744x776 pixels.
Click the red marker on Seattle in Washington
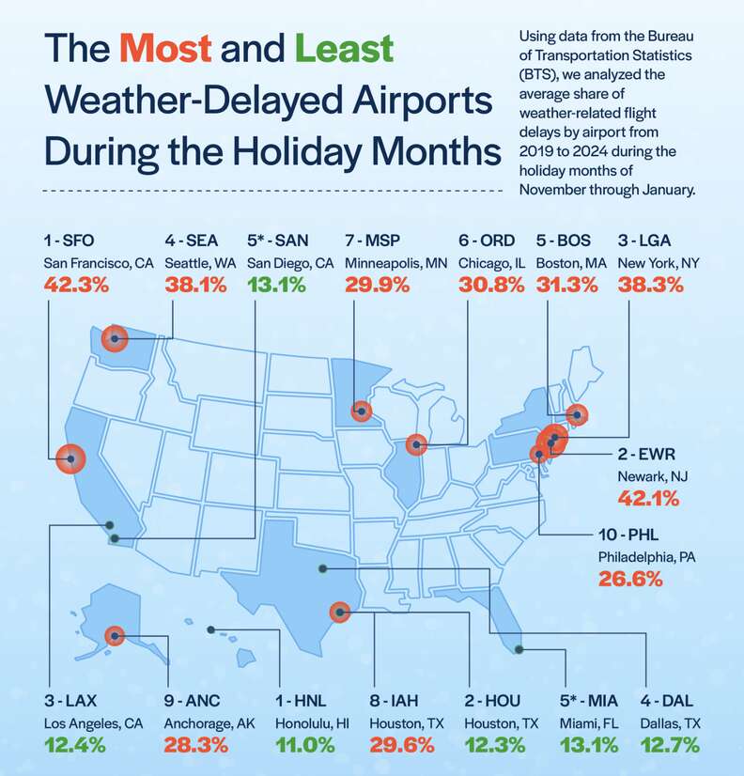115,338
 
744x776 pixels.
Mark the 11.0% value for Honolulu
305,745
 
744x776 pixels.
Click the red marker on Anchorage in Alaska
115,635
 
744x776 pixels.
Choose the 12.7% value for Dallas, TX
673,745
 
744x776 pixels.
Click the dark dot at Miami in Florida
519,649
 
